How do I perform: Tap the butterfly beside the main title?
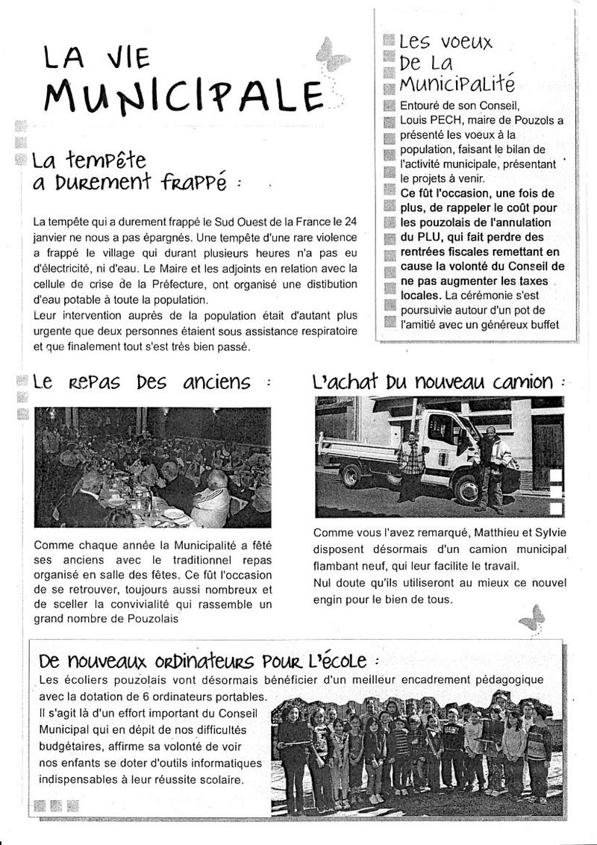(x=332, y=54)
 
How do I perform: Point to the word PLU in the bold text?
(x=424, y=237)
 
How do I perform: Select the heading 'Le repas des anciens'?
(x=142, y=382)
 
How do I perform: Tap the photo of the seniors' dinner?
(x=152, y=467)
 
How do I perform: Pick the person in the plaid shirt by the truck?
(x=411, y=466)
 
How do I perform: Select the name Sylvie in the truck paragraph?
(x=550, y=532)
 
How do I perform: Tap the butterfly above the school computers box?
(x=532, y=617)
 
